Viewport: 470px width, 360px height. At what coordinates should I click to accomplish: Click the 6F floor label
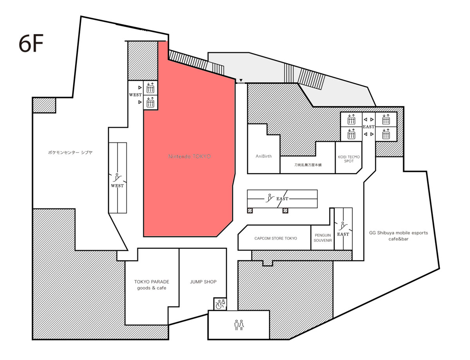click(31, 44)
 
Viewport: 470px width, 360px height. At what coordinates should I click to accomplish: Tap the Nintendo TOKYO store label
click(190, 156)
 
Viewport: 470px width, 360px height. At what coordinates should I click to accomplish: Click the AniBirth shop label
click(264, 156)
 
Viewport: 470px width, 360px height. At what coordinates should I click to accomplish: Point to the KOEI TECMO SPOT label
click(349, 159)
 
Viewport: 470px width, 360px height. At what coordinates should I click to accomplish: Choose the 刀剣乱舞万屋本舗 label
click(307, 165)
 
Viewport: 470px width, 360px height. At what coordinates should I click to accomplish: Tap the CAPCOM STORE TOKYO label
click(275, 238)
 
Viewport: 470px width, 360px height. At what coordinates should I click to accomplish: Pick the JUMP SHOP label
click(203, 282)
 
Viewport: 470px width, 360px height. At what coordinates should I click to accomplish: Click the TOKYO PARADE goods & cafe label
click(152, 284)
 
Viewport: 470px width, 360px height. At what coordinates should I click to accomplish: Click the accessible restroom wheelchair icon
click(220, 304)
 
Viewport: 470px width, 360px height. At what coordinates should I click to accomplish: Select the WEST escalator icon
click(117, 177)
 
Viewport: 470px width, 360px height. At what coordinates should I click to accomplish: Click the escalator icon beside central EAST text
click(269, 198)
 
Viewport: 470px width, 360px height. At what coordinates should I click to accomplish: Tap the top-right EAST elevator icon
click(386, 119)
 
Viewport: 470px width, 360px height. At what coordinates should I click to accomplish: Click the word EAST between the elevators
click(369, 127)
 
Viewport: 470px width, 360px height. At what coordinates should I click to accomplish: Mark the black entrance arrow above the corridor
click(241, 81)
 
